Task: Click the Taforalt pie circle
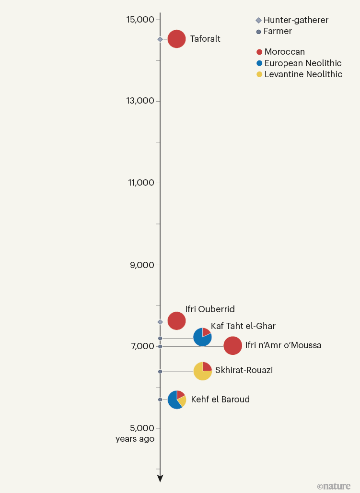(176, 39)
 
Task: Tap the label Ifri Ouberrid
(209, 309)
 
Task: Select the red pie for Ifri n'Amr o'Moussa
(232, 346)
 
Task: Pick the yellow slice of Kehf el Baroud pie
(182, 401)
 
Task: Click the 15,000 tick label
(140, 20)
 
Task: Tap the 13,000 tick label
(140, 101)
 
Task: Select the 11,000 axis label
(140, 183)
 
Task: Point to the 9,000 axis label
(142, 265)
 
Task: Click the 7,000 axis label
(142, 346)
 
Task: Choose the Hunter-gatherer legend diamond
(259, 21)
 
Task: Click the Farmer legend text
(278, 31)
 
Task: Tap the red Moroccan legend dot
(259, 52)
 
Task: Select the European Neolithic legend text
(303, 63)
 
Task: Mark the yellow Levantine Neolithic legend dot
(259, 74)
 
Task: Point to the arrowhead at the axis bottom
(160, 478)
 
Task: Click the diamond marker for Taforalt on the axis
(160, 39)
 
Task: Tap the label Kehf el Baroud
(220, 399)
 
